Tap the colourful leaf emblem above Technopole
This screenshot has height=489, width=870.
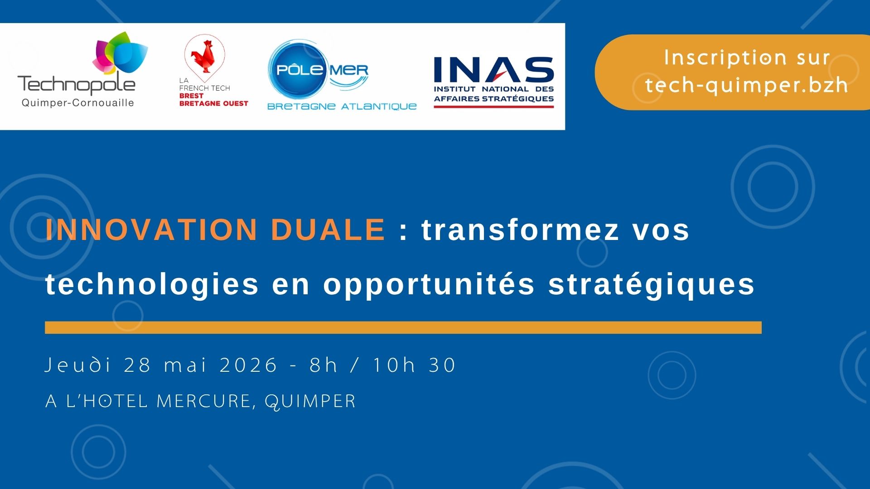tap(120, 53)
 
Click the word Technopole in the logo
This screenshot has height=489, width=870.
tap(76, 85)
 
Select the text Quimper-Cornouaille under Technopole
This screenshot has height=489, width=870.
tap(78, 103)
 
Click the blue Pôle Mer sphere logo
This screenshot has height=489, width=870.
tap(299, 70)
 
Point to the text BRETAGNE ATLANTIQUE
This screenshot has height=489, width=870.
tap(342, 106)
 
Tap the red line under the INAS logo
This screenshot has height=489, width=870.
tap(494, 107)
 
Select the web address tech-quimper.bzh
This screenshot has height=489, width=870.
tap(746, 85)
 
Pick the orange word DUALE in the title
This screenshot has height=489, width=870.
tap(328, 229)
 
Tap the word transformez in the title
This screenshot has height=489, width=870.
tap(520, 229)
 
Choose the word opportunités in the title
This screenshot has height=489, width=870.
tap(429, 285)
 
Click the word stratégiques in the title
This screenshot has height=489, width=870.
tap(652, 285)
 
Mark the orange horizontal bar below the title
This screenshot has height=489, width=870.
tap(403, 327)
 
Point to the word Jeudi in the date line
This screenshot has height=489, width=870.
tap(78, 365)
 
